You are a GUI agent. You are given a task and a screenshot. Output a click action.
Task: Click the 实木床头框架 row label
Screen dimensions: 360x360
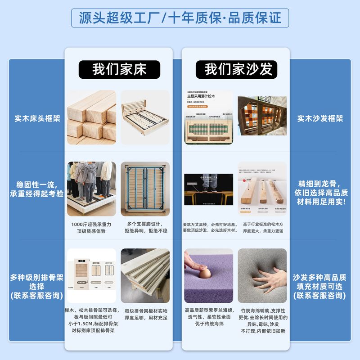[x=37, y=119]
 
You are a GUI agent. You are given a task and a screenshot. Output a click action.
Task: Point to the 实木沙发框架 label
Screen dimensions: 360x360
[x=320, y=119]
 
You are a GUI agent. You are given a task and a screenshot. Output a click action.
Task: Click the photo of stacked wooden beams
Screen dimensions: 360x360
[x=91, y=117]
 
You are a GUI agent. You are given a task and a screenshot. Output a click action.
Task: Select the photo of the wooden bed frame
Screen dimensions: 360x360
[x=145, y=117]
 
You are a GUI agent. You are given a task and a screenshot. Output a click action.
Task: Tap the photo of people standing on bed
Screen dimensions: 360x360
[x=91, y=189]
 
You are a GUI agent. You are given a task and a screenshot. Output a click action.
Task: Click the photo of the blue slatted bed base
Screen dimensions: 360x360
[x=145, y=189]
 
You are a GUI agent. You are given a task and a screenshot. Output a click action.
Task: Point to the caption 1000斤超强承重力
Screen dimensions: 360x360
[x=91, y=224]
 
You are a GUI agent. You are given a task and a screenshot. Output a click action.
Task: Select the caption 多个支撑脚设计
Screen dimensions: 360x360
[x=145, y=224]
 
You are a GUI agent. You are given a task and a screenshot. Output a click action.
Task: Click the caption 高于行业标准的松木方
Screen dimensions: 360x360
[x=263, y=224]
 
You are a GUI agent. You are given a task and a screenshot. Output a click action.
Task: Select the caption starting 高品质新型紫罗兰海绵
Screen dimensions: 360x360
[x=208, y=310]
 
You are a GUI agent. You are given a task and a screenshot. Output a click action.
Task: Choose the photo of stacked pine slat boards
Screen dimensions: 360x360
[x=145, y=275]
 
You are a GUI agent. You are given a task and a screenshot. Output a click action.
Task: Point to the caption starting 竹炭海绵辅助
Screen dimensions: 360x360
[x=263, y=310]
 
